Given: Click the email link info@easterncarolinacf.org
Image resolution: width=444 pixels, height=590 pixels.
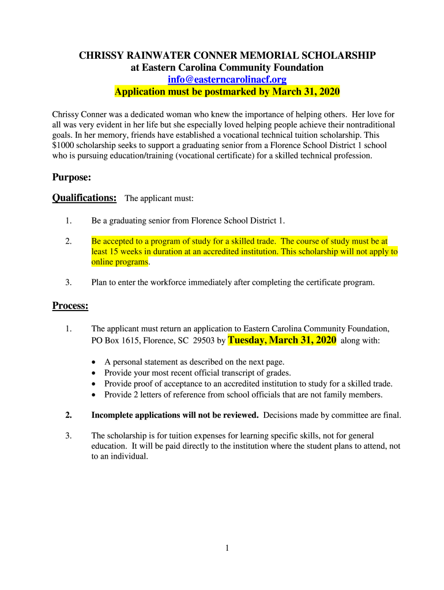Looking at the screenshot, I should tap(227, 80).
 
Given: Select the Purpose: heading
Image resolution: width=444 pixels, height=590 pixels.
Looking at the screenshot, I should tap(72, 177).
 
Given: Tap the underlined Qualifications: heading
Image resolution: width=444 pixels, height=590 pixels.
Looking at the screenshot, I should tap(84, 198).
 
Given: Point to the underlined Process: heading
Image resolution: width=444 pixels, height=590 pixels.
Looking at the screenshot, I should tap(70, 305).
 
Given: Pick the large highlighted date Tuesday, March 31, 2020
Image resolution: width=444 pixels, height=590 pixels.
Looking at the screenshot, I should tap(282, 341).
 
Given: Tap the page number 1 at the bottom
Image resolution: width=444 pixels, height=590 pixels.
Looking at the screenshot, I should tap(227, 549).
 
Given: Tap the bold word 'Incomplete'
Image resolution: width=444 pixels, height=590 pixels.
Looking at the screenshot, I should tap(113, 415).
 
